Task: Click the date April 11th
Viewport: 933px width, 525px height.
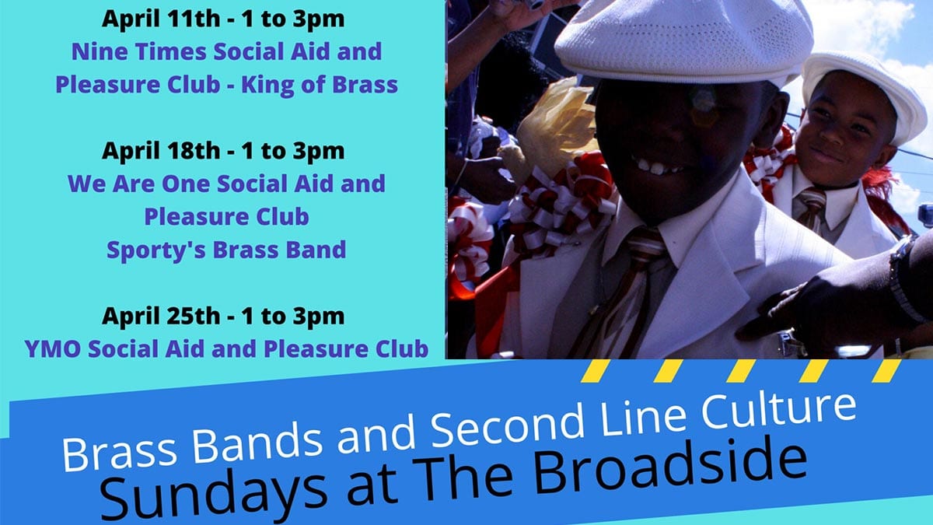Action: click(161, 19)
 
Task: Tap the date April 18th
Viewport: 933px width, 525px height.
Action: click(161, 151)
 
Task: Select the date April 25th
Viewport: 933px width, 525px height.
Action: click(161, 316)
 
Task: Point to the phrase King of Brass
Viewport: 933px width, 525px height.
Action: click(320, 86)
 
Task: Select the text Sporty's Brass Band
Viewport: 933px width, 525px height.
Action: click(226, 250)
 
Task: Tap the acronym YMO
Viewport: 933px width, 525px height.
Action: click(53, 349)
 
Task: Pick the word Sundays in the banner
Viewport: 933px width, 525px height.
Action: click(213, 498)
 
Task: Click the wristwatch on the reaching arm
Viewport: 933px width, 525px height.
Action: click(902, 279)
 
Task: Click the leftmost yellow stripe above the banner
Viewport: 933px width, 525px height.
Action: click(596, 371)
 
